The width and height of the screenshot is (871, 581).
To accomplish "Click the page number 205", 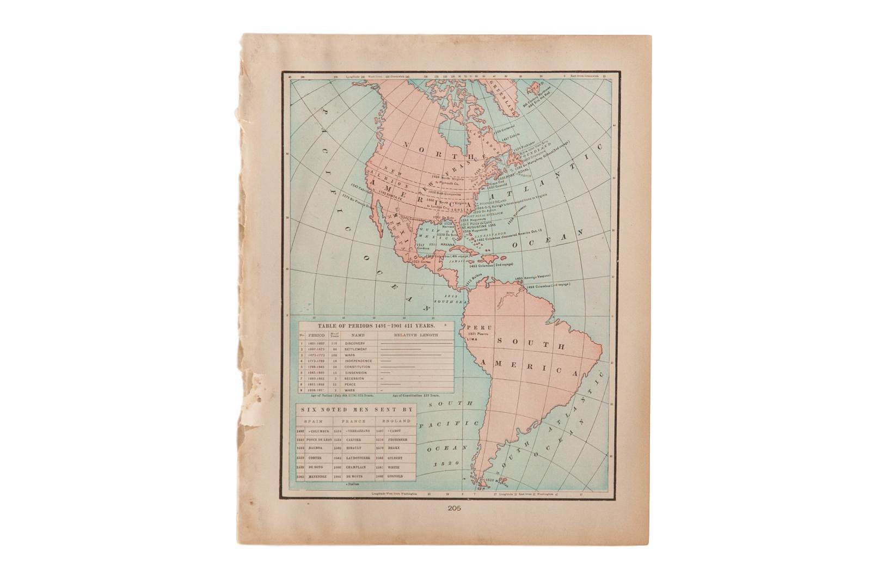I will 455,510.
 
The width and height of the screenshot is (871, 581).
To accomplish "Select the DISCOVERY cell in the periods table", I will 354,344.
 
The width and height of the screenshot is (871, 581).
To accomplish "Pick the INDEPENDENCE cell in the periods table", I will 358,360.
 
